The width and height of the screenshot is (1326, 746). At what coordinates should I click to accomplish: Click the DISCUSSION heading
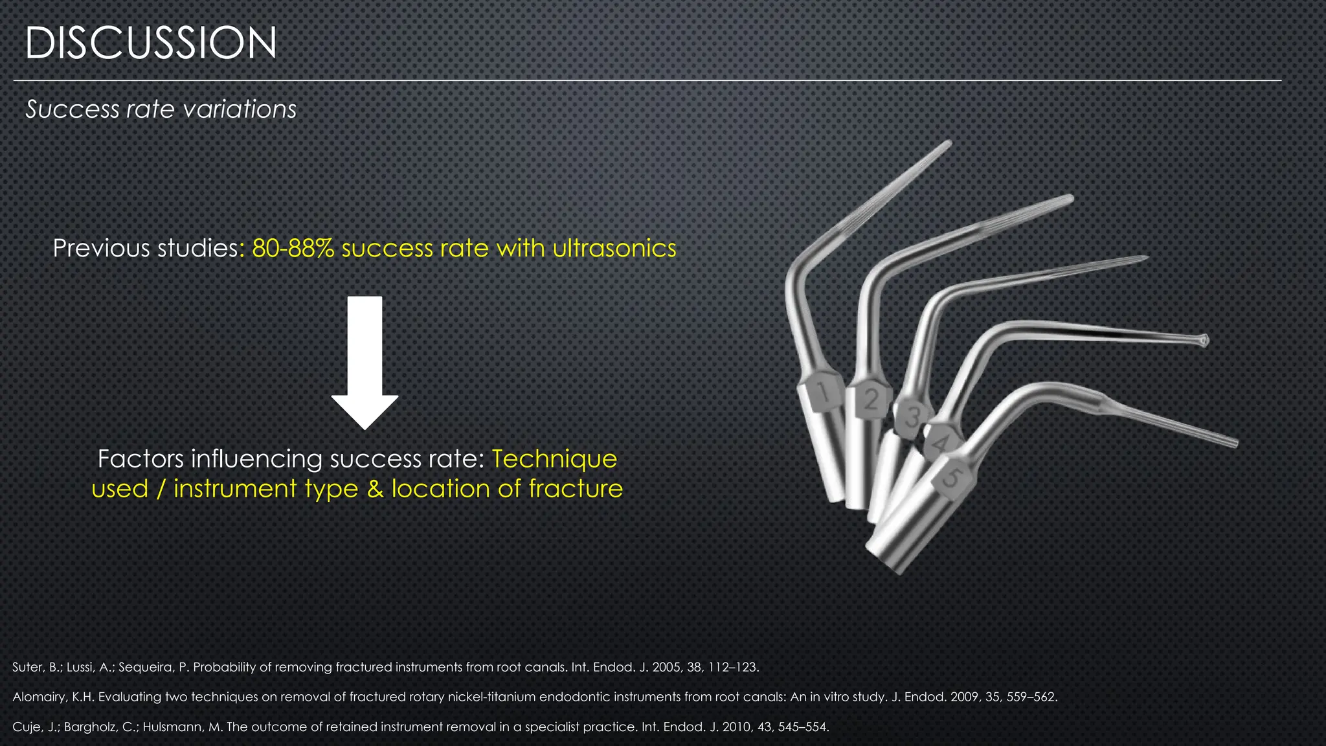pos(151,43)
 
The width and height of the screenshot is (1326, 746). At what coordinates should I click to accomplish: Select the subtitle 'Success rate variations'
pos(161,109)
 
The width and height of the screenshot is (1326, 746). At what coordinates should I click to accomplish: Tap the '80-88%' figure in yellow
pos(293,248)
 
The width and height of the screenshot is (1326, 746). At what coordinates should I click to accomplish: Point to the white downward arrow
pos(365,363)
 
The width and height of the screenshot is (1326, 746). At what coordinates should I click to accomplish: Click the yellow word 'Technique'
pos(554,458)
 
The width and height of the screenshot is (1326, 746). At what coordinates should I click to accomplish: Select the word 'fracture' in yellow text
pos(576,488)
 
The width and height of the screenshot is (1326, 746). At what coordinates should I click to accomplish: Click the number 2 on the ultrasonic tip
pos(871,400)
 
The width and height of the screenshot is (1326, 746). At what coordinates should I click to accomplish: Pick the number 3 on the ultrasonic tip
pos(913,417)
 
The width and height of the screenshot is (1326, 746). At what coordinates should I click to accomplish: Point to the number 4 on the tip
pos(941,443)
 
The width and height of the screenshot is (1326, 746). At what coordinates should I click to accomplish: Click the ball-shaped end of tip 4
pos(1202,340)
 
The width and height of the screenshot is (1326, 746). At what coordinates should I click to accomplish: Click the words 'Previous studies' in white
pos(145,248)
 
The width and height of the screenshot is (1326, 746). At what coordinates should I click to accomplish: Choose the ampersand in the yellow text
pos(376,488)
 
